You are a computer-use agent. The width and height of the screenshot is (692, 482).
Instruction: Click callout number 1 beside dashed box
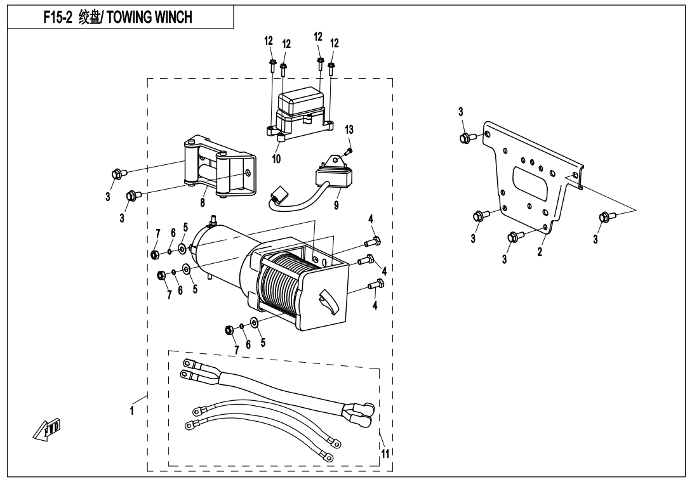(x=132, y=410)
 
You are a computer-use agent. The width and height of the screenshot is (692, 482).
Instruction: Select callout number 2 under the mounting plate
(x=539, y=252)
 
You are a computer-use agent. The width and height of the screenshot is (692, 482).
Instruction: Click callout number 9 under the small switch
(x=336, y=205)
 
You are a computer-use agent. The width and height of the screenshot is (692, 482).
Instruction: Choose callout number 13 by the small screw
(x=349, y=130)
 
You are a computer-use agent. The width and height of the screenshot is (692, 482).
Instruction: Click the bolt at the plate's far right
(x=604, y=219)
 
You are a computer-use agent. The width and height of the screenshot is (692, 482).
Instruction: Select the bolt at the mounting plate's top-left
(x=466, y=137)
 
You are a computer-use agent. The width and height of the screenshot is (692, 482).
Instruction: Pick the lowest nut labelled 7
(x=230, y=329)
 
